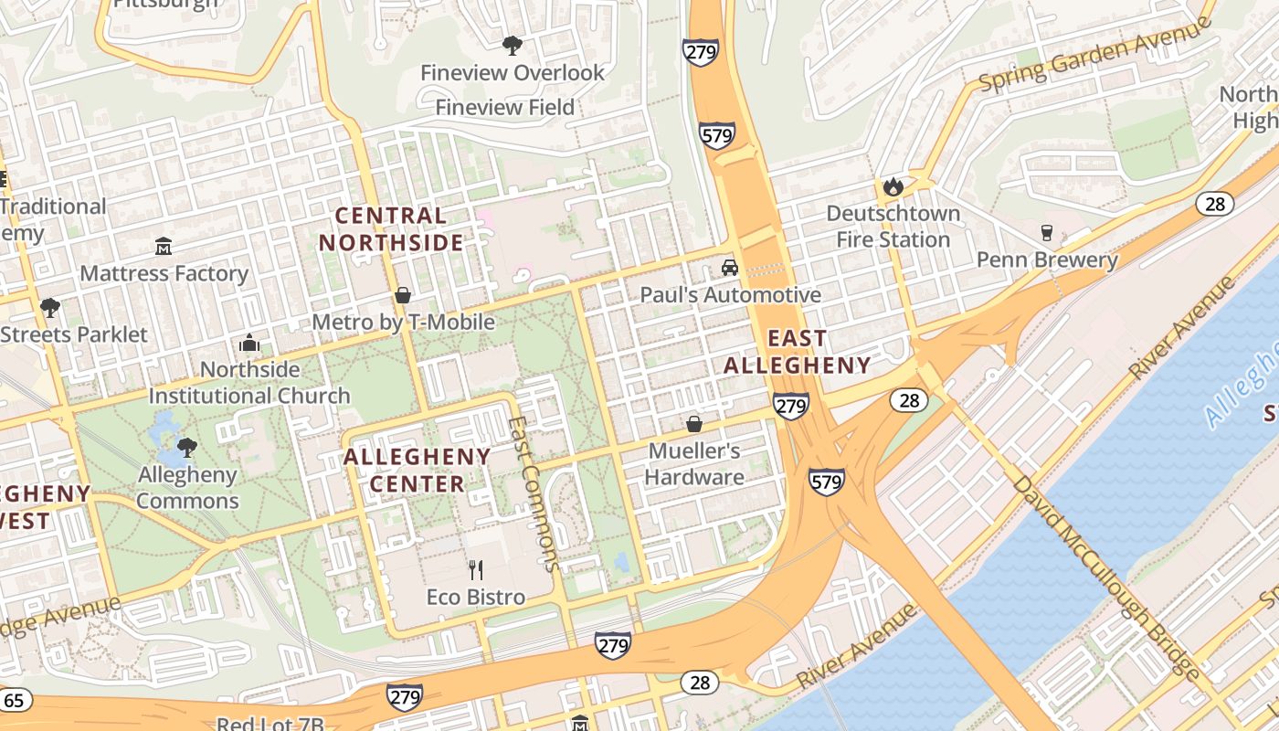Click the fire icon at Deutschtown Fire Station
(893, 187)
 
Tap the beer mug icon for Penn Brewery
(1047, 233)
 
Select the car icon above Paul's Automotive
(729, 267)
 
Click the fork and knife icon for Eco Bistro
(475, 570)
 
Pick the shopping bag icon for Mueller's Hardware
(694, 424)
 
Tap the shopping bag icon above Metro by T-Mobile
(402, 295)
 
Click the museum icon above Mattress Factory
(164, 246)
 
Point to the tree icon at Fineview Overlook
(513, 45)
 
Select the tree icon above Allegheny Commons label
(187, 448)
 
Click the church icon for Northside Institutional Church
(248, 344)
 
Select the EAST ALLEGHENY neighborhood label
(798, 352)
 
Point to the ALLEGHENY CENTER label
(418, 470)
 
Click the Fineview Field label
(504, 107)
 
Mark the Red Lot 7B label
(270, 724)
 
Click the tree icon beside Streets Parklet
(49, 307)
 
